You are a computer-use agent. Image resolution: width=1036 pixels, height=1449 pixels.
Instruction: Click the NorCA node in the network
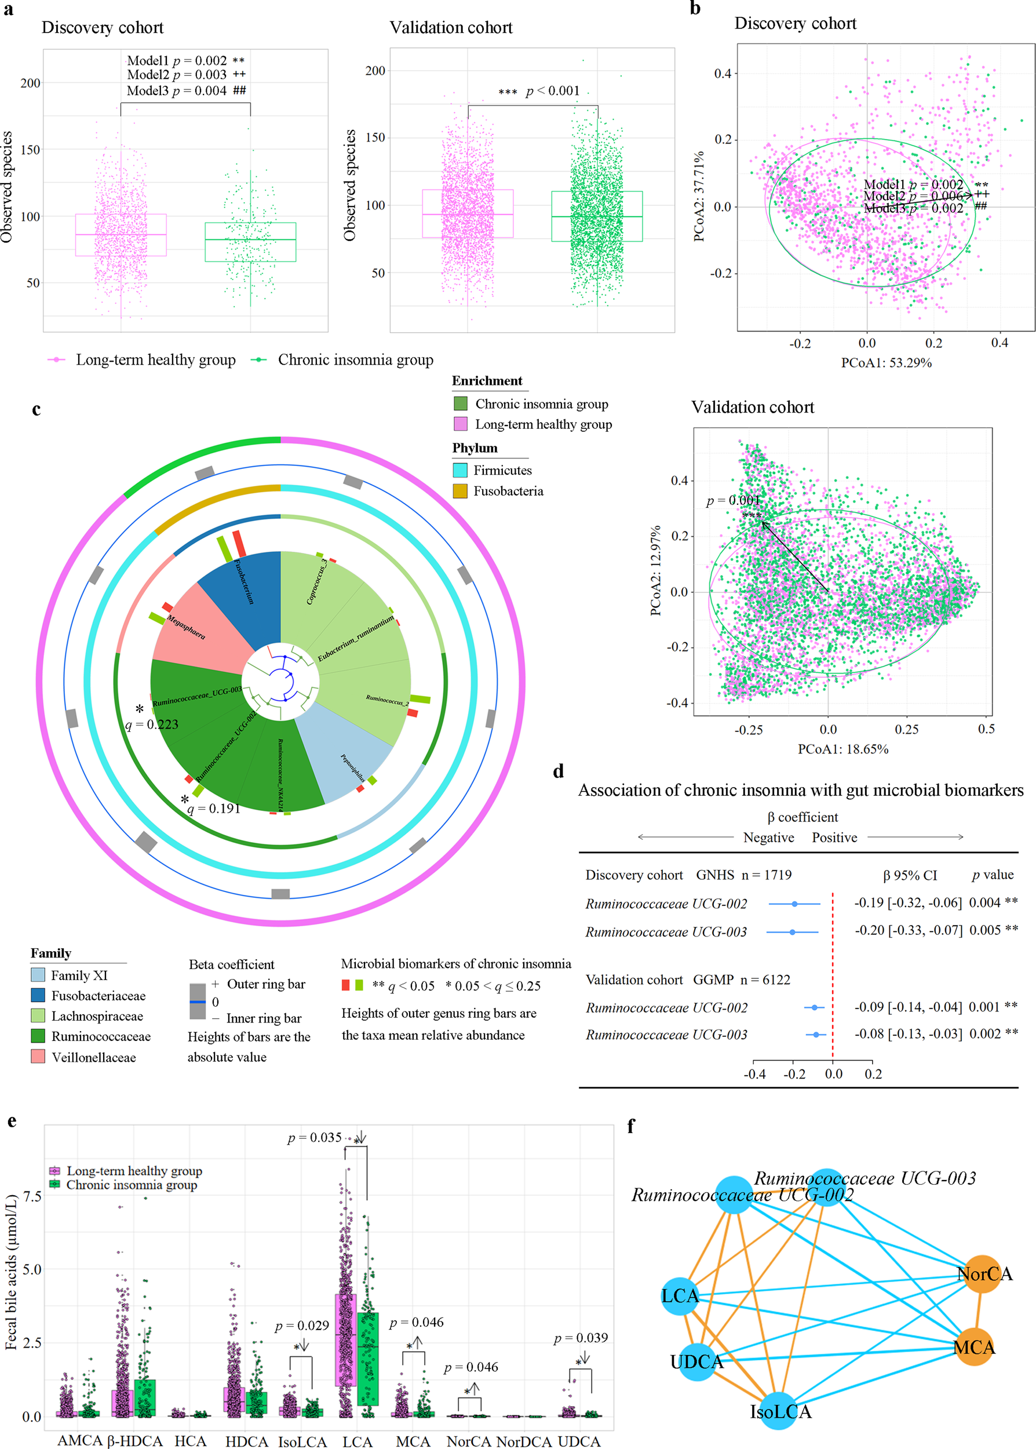pyautogui.click(x=983, y=1273)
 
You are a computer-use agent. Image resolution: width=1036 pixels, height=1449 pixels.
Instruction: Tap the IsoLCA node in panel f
pyautogui.click(x=778, y=1411)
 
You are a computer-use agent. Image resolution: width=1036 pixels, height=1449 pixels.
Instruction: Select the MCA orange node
pyautogui.click(x=974, y=1347)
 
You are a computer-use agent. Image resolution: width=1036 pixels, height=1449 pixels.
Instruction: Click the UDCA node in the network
pyautogui.click(x=696, y=1361)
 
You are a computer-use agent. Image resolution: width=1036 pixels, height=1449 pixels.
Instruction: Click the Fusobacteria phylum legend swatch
pyautogui.click(x=460, y=491)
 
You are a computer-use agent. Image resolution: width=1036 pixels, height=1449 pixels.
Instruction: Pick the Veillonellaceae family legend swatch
pyautogui.click(x=38, y=1057)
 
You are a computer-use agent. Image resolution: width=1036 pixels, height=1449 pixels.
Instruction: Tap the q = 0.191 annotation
pyautogui.click(x=214, y=809)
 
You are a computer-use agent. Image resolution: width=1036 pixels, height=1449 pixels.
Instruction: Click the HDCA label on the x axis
pyautogui.click(x=247, y=1441)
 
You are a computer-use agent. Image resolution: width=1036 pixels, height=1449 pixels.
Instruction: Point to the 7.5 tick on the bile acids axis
pyautogui.click(x=32, y=1196)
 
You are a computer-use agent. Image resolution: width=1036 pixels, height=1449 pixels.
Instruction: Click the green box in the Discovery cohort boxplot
pyautogui.click(x=250, y=242)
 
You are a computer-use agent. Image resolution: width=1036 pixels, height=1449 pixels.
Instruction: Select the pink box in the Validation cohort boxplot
pyautogui.click(x=468, y=214)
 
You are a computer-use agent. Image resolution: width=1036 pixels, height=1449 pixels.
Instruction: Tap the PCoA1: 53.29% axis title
pyautogui.click(x=886, y=362)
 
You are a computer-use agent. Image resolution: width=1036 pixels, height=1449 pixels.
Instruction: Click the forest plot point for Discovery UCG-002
pyautogui.click(x=794, y=904)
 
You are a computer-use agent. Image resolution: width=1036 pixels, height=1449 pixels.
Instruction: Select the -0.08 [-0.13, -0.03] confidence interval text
pyautogui.click(x=908, y=1033)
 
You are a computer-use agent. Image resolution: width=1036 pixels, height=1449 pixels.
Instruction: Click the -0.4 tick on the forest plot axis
pyautogui.click(x=754, y=1074)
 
